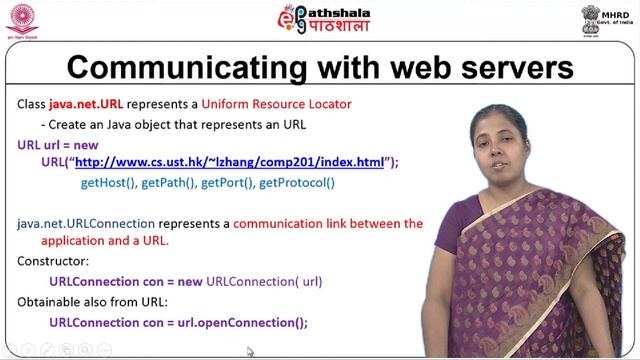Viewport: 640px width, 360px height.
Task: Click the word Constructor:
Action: click(52, 261)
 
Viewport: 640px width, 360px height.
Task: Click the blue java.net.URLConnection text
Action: click(86, 223)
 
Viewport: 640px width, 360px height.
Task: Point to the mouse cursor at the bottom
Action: click(250, 351)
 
